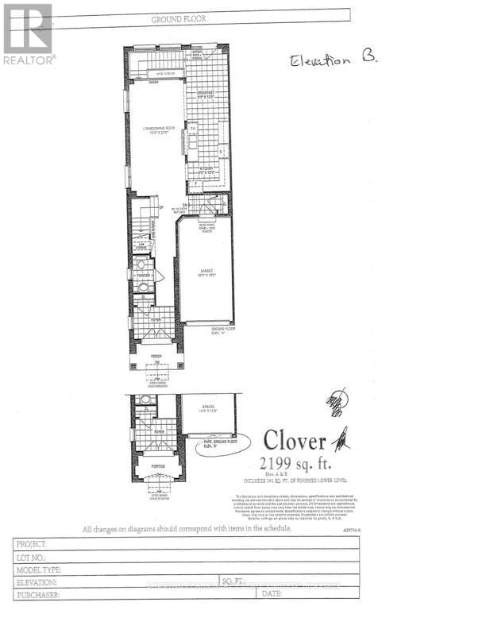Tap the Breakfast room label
(207, 94)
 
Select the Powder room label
(144, 276)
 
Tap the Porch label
(156, 357)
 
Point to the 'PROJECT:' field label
(33, 544)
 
